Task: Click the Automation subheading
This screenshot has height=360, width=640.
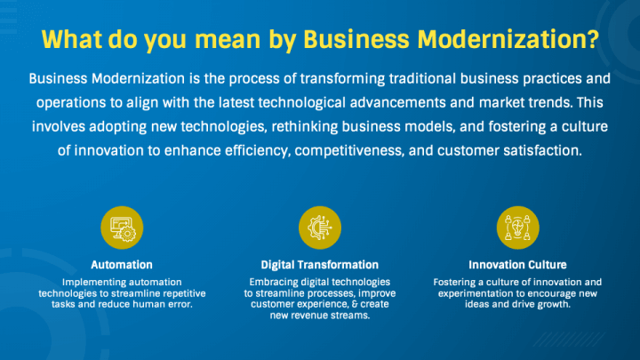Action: (122, 265)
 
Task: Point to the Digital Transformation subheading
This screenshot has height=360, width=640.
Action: (320, 265)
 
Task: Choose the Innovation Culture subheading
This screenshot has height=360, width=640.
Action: (517, 265)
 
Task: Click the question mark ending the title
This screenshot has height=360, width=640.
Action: (592, 40)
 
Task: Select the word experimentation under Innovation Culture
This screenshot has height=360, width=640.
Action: (481, 292)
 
